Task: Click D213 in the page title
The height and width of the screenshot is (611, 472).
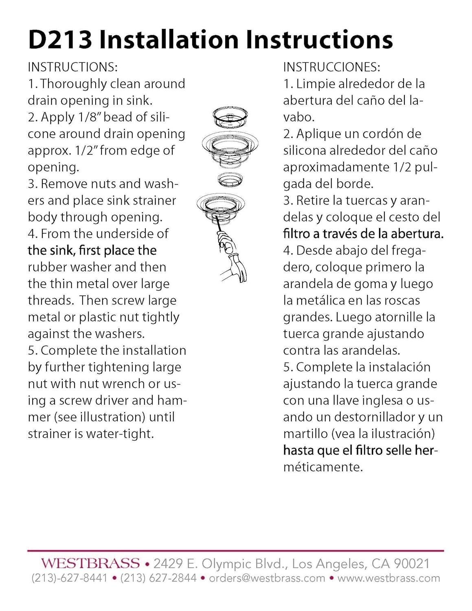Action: [x=60, y=40]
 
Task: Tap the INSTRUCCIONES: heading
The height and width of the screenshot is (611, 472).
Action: [x=331, y=67]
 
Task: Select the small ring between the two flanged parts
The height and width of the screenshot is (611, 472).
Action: [x=231, y=179]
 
